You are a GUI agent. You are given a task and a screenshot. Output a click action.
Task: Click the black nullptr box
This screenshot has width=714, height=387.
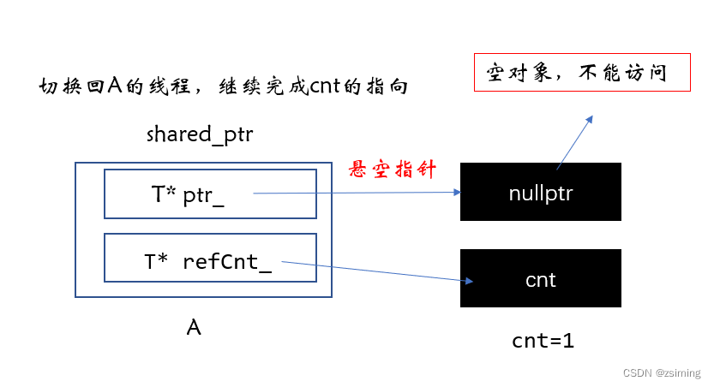[x=540, y=192]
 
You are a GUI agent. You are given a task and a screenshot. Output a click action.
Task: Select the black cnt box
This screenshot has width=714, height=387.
[x=540, y=278]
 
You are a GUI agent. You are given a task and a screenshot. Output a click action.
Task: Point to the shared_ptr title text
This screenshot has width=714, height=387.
[x=200, y=134]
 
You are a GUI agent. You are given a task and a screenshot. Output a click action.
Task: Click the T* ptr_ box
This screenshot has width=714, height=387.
[x=209, y=193]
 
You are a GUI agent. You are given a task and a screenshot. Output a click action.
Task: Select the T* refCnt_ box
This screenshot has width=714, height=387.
[x=209, y=257]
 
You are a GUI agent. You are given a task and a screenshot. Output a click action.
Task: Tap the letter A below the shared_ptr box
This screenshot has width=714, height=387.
[x=195, y=327]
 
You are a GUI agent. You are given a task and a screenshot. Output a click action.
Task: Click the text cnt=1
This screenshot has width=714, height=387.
[x=543, y=340]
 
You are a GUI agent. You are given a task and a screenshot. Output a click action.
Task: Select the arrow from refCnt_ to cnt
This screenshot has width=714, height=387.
[x=377, y=271]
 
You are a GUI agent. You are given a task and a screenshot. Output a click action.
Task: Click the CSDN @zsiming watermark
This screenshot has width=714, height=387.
[x=661, y=373]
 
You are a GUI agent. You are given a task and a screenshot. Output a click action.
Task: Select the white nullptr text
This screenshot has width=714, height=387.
[x=540, y=193]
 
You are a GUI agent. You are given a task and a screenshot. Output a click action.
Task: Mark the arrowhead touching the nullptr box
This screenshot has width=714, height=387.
[x=456, y=193]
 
